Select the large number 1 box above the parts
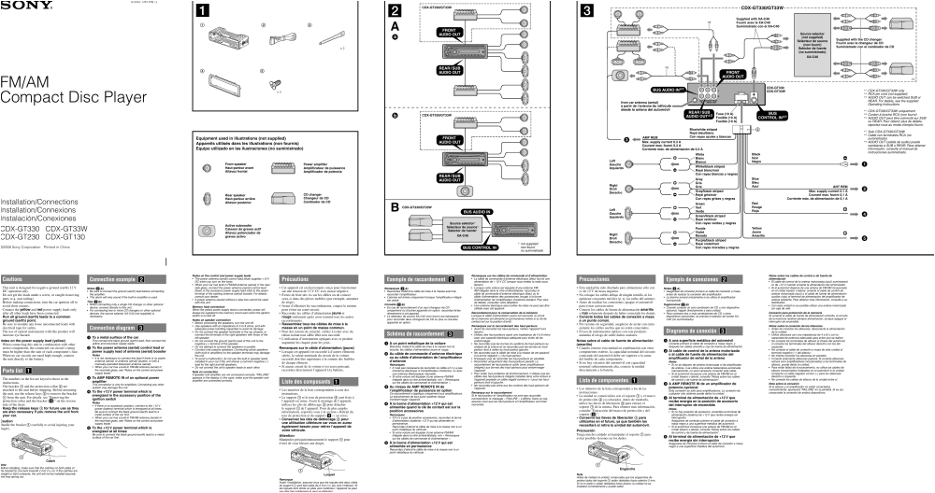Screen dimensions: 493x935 tap(202, 11)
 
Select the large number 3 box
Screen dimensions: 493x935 tap(586, 11)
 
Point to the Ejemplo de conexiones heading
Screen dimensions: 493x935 tap(690, 279)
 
